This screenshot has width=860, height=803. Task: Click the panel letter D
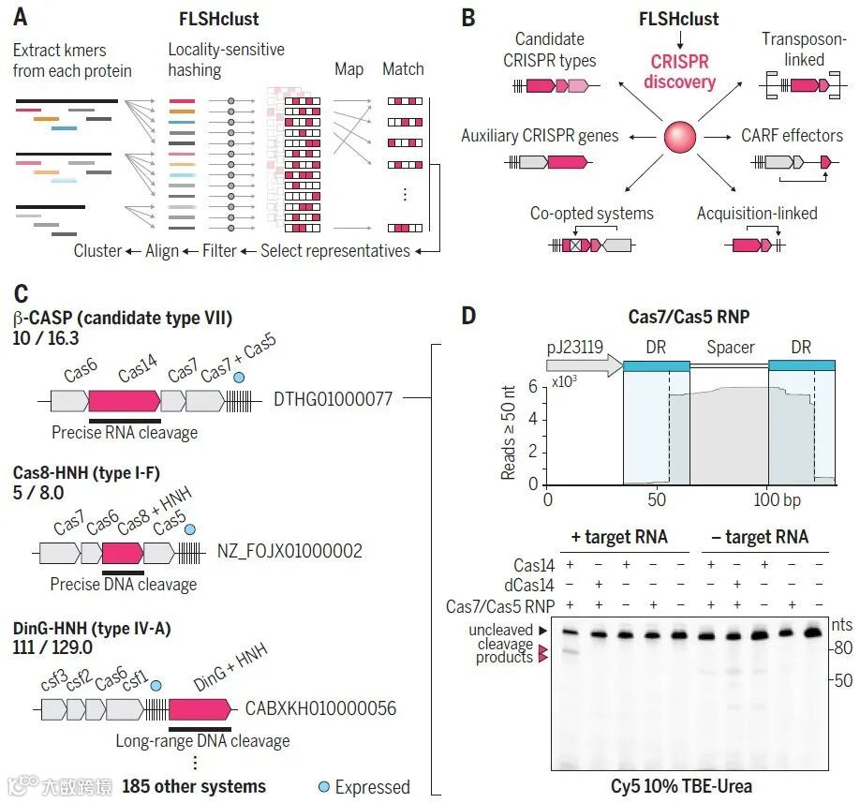pos(470,315)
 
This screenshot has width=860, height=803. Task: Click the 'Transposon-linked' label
pos(793,49)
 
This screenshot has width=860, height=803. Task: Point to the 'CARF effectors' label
pos(792,135)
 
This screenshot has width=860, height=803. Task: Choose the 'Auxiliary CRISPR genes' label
pos(540,136)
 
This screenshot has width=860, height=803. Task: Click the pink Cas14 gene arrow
pos(124,402)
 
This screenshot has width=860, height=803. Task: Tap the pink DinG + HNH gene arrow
pos(199,707)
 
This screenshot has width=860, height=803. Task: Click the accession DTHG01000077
pos(332,398)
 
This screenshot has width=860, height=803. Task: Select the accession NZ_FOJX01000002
pos(289,551)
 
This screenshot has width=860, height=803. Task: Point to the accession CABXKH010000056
pos(320,708)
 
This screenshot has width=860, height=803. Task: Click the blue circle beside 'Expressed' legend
pos(323,786)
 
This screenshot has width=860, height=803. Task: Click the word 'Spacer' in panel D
pos(730,348)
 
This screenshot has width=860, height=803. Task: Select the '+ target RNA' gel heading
pos(619,538)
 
